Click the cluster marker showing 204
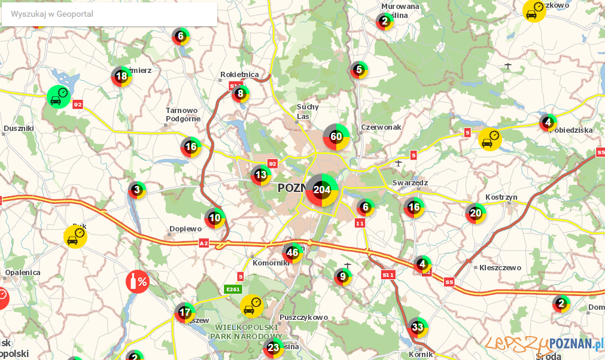coord(322,190)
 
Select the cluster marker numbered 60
coord(336,136)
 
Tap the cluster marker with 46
coord(293,252)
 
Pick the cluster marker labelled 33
coord(418,327)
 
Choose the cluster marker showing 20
coord(476,212)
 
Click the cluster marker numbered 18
coord(121,76)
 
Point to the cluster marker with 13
coord(261,175)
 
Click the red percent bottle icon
coord(137,282)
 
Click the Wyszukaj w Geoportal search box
coord(109,14)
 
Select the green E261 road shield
coord(233,289)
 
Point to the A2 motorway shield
coord(203,243)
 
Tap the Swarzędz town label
coord(410,182)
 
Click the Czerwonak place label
coord(381,127)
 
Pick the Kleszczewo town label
coord(500,268)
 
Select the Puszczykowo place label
coord(303,318)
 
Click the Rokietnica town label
coord(239,74)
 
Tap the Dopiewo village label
coord(186,228)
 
